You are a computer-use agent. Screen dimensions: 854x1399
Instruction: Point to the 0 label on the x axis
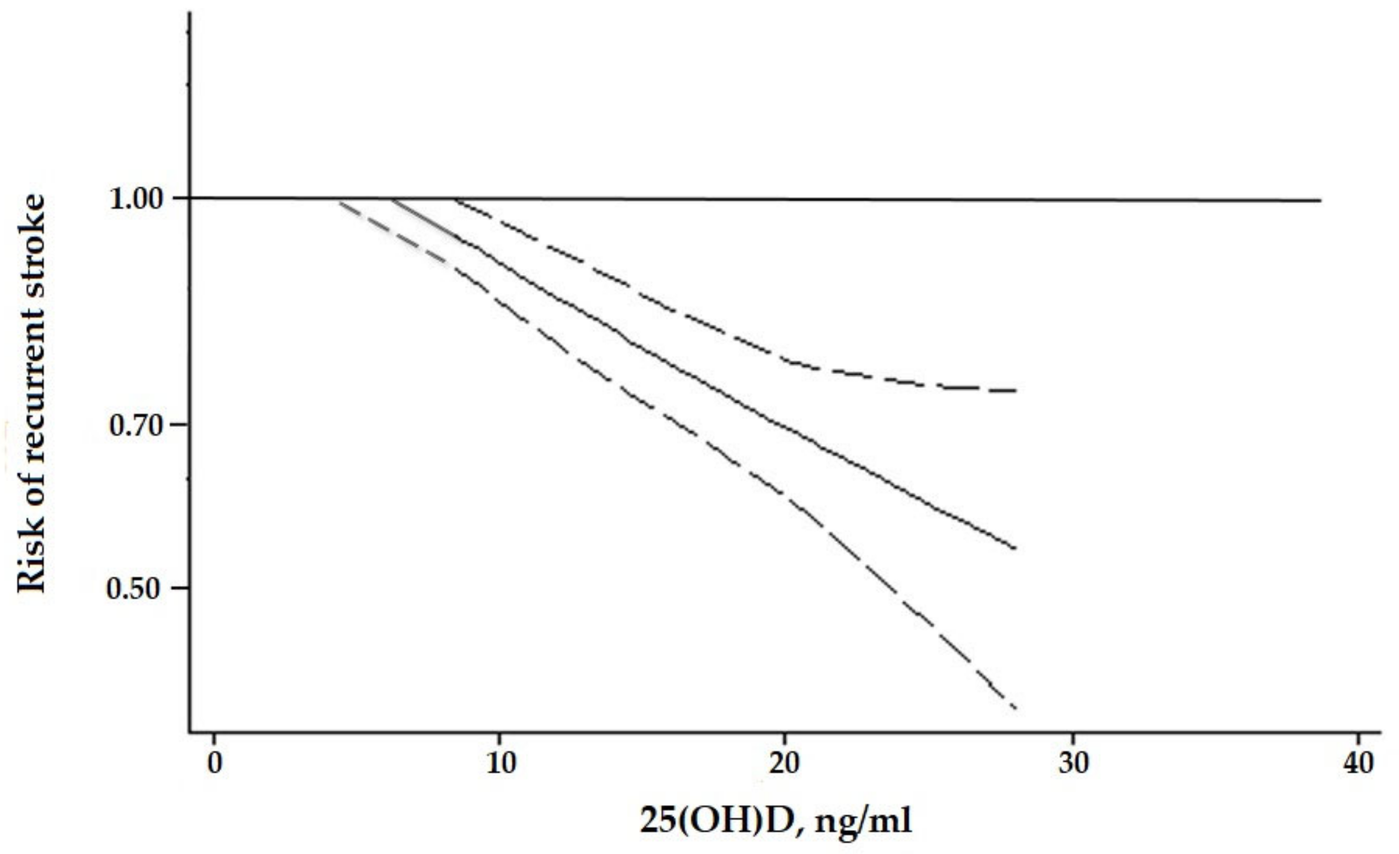click(x=214, y=763)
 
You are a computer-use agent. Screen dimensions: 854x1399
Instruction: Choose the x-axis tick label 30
click(x=1074, y=763)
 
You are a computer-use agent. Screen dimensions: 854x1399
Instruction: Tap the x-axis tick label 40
click(x=1358, y=763)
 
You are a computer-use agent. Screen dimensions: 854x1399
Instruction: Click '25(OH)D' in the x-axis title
click(x=716, y=821)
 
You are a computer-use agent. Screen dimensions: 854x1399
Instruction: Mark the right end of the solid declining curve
click(x=1015, y=548)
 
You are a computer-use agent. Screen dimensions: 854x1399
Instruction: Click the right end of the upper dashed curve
click(x=1016, y=391)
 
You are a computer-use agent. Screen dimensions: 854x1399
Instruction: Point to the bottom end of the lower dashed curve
click(x=1015, y=708)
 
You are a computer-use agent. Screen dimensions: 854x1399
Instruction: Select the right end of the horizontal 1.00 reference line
click(x=1321, y=200)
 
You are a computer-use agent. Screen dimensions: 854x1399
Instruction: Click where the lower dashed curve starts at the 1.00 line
click(x=340, y=201)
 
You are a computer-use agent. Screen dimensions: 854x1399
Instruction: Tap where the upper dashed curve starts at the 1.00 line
click(x=454, y=199)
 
